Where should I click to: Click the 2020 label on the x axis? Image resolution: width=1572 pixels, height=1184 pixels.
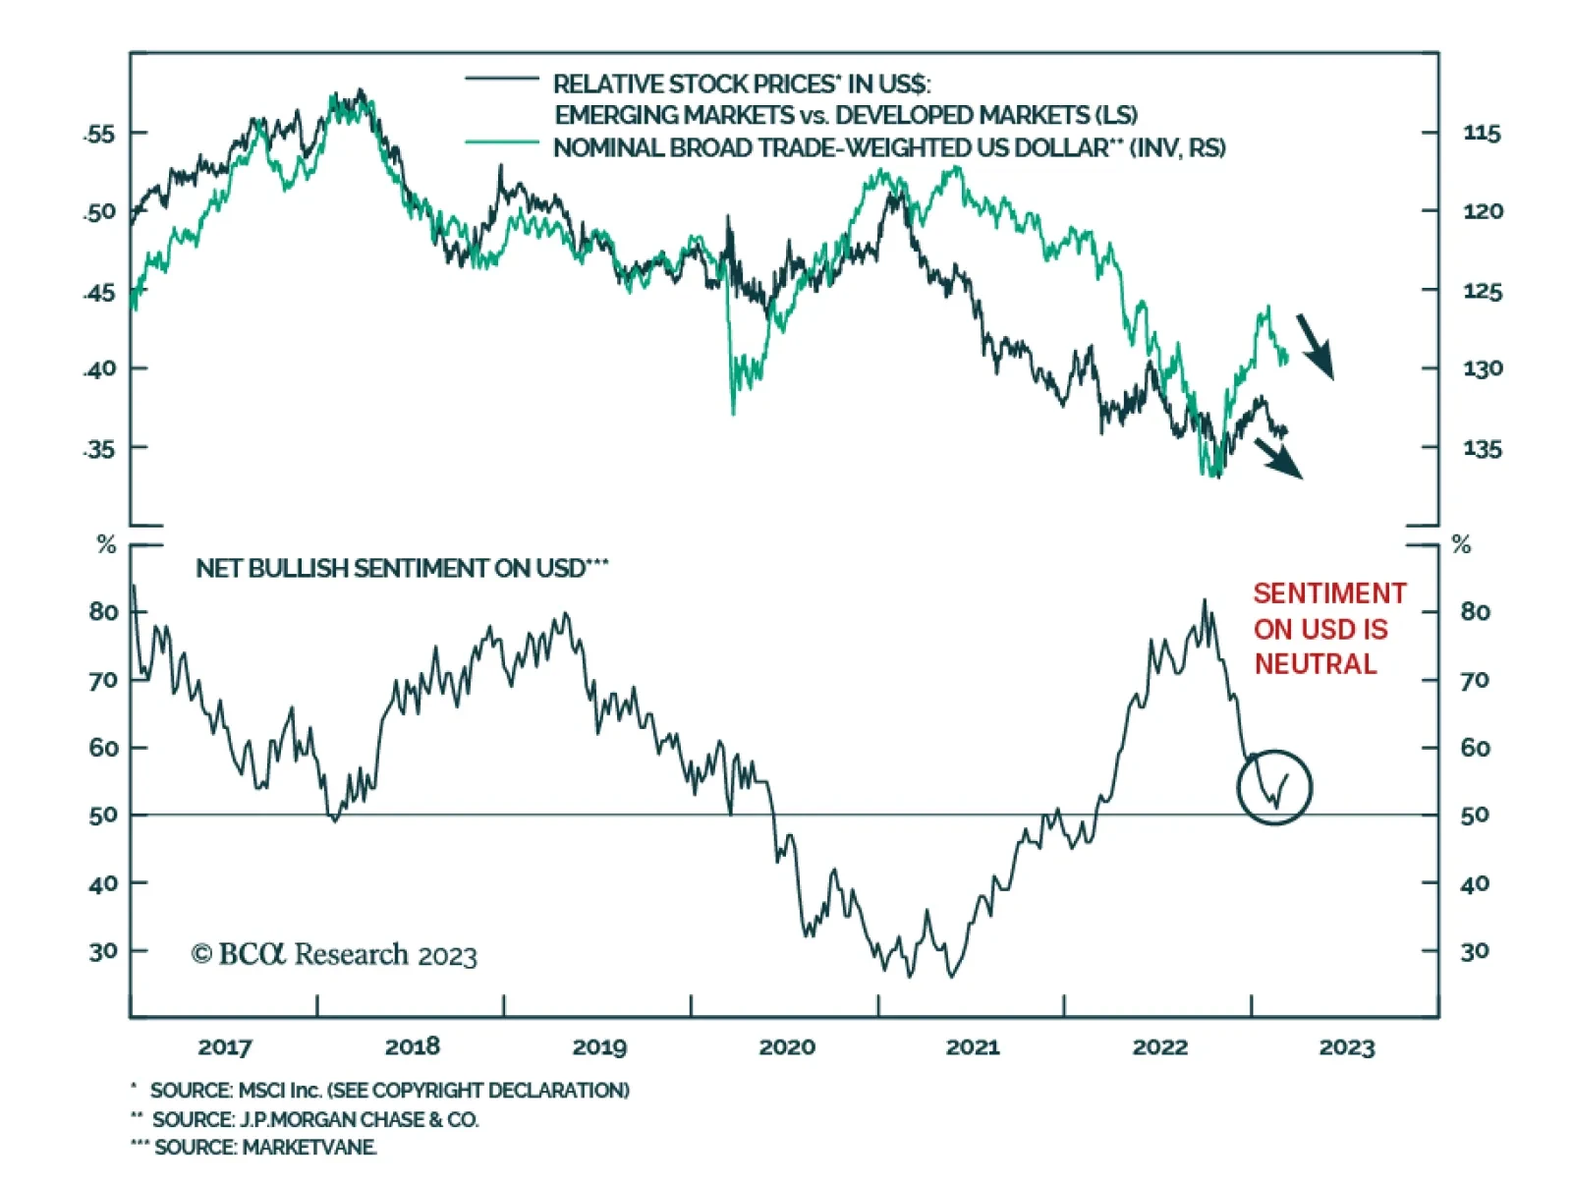click(786, 1047)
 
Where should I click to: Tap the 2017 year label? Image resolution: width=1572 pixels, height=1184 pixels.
click(224, 1047)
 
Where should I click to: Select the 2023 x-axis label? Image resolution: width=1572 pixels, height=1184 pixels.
click(1346, 1047)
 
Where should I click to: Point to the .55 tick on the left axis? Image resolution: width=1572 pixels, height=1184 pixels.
click(99, 134)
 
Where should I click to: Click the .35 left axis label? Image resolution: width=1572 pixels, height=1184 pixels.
click(99, 449)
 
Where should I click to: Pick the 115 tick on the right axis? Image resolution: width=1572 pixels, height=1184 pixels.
click(1482, 134)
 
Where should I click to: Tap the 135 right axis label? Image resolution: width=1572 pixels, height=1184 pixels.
click(1482, 449)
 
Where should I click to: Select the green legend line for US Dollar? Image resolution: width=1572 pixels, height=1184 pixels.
click(501, 142)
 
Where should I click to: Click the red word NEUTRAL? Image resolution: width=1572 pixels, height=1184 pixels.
click(1315, 664)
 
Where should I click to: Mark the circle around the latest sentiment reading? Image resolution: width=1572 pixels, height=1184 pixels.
click(1274, 787)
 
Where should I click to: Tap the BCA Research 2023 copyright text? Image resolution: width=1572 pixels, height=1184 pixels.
click(334, 954)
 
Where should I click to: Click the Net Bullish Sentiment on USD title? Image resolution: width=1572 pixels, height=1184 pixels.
click(402, 569)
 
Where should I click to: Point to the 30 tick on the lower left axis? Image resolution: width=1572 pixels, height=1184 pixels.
click(102, 951)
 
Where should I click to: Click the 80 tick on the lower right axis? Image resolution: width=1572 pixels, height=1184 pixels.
click(1474, 612)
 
